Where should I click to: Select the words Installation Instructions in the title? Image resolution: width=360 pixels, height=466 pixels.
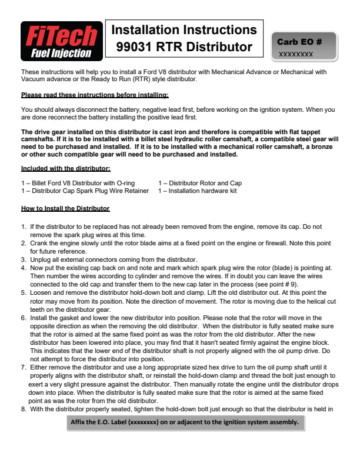(184, 30)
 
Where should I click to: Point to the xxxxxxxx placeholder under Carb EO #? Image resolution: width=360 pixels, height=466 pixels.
(296, 54)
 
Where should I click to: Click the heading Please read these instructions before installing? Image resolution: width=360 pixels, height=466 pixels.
(95, 94)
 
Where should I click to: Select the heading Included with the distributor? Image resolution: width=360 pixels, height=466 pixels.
(65, 168)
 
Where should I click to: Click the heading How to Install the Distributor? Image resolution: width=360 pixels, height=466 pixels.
(65, 209)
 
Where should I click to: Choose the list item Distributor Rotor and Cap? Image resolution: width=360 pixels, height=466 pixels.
(201, 183)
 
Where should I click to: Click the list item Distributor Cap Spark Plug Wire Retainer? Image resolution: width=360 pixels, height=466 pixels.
(85, 191)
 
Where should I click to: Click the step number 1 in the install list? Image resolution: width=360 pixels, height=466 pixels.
(23, 226)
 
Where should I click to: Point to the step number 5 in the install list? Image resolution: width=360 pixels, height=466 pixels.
(23, 291)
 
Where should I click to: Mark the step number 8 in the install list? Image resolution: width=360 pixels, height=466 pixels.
(23, 408)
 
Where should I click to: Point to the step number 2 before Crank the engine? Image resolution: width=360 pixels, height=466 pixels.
(23, 242)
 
